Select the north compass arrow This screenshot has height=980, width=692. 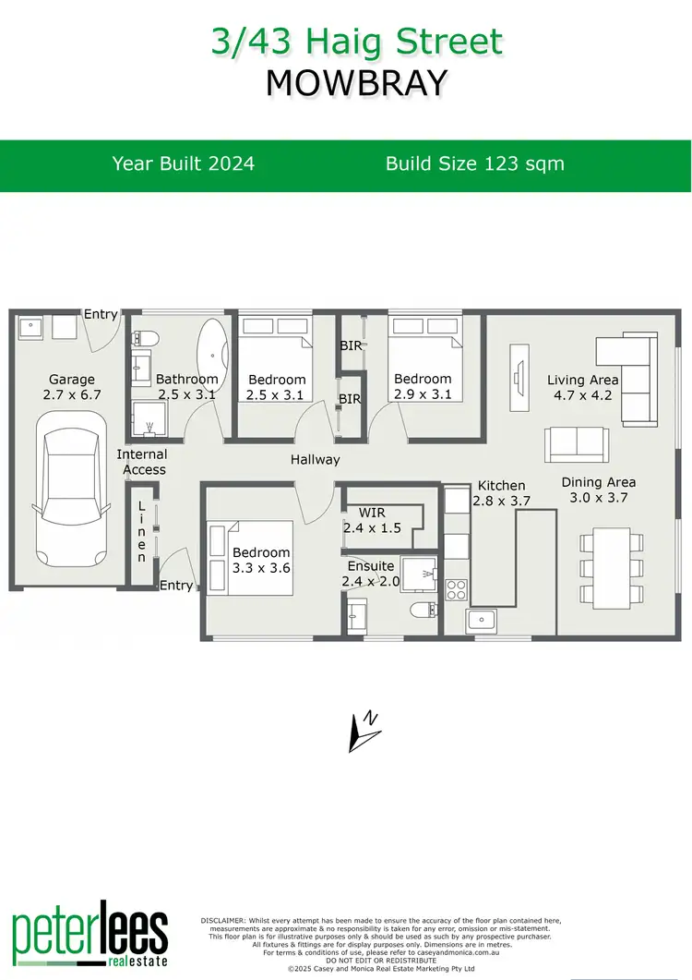pyautogui.click(x=364, y=730)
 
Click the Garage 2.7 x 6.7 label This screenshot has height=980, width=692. pyautogui.click(x=71, y=387)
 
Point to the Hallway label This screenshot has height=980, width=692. pyautogui.click(x=315, y=459)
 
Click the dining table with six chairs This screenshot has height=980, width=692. pyautogui.click(x=611, y=565)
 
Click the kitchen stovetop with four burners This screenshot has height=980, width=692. pyautogui.click(x=457, y=588)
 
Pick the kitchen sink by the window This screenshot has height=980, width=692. pyautogui.click(x=483, y=622)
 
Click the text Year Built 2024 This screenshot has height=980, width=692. pyautogui.click(x=184, y=164)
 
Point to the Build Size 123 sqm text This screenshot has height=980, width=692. pyautogui.click(x=474, y=164)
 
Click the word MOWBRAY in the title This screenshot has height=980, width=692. pyautogui.click(x=356, y=83)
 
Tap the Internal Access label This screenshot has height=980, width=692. pyautogui.click(x=142, y=462)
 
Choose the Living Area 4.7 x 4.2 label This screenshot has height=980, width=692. pyautogui.click(x=582, y=387)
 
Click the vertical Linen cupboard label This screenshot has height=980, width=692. pyautogui.click(x=141, y=532)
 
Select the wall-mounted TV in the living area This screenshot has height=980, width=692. pyautogui.click(x=518, y=369)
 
